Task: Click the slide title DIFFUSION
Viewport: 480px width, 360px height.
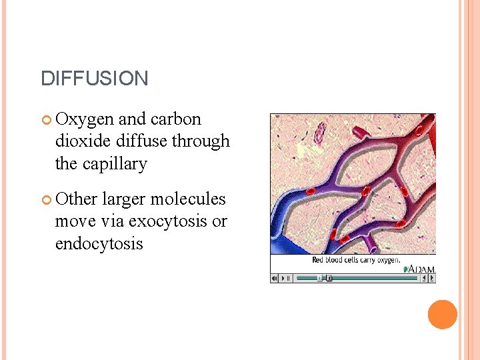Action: (x=94, y=79)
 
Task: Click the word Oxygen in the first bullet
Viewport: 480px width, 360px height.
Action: (x=85, y=119)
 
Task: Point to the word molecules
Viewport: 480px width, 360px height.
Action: (x=188, y=199)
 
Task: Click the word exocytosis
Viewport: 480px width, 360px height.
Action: (x=168, y=221)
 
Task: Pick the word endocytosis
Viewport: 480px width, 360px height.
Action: (x=99, y=244)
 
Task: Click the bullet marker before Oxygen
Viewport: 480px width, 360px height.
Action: (x=47, y=120)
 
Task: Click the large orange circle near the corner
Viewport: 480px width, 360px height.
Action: (x=442, y=315)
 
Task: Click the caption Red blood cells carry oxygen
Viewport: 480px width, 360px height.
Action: (x=356, y=260)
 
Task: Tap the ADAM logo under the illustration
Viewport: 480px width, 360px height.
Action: (x=420, y=269)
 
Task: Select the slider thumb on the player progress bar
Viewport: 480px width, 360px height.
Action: (x=320, y=278)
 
